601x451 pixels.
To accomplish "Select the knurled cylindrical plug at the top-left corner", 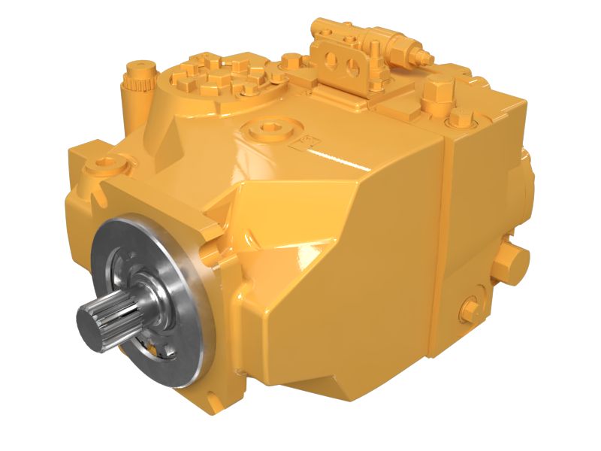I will (138, 75).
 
